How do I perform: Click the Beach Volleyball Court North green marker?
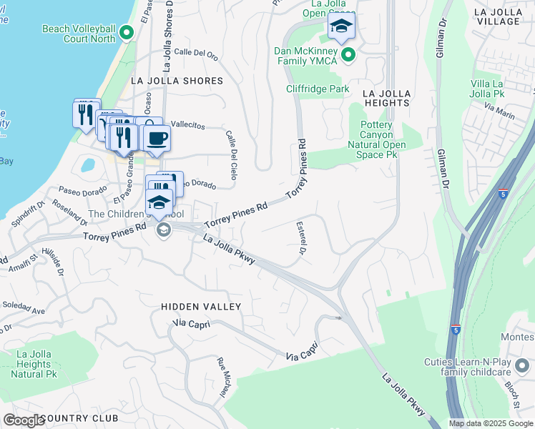click(x=127, y=32)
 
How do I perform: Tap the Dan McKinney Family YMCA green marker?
click(x=348, y=54)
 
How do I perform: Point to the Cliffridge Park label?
click(x=318, y=89)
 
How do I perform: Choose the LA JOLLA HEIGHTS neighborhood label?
click(x=386, y=98)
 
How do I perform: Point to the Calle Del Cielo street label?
click(x=231, y=154)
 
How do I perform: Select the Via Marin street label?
click(x=499, y=110)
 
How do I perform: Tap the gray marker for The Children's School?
click(x=164, y=230)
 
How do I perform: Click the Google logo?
click(x=24, y=420)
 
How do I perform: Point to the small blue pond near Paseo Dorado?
click(x=88, y=165)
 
